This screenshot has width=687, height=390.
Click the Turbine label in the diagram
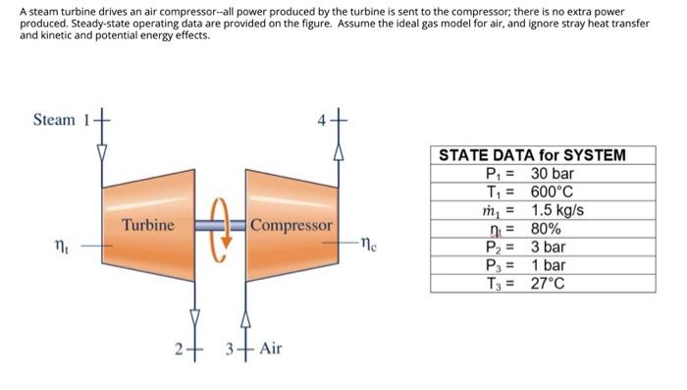[x=148, y=225]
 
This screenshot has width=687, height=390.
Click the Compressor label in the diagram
[x=291, y=225]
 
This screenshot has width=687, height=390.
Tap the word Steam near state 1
[x=54, y=120]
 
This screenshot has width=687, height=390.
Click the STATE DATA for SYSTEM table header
[x=532, y=155]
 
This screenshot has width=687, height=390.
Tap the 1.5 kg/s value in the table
[x=557, y=210]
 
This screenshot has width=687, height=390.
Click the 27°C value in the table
[x=551, y=284]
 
